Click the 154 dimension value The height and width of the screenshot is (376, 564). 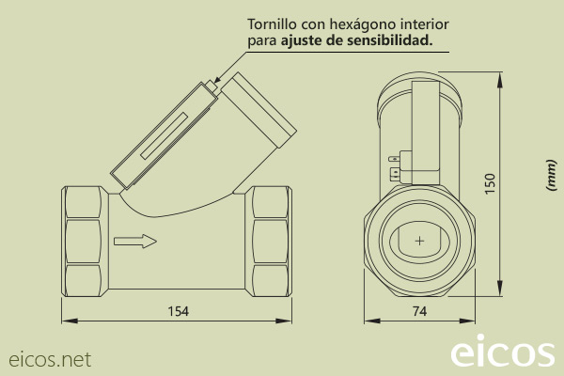178,310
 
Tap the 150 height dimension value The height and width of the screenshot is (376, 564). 490,182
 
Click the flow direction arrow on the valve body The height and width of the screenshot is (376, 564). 134,242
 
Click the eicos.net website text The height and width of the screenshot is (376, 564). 50,358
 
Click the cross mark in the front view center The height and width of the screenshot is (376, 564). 419,242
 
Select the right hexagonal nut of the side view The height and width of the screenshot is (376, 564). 270,241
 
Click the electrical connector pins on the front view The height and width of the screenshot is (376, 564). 395,166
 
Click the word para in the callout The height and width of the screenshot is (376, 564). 261,40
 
